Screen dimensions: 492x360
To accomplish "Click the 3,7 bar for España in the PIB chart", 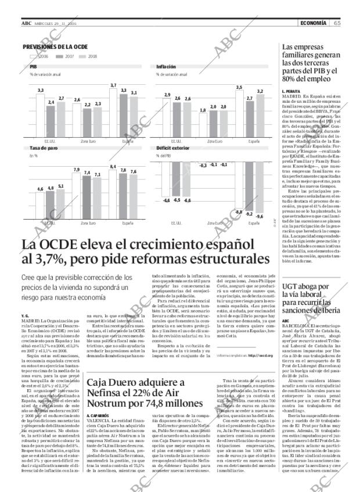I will point(113,112).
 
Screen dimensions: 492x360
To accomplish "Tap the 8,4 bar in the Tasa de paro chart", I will point(113,193).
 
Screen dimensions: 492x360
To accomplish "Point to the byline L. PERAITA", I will point(290,91).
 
